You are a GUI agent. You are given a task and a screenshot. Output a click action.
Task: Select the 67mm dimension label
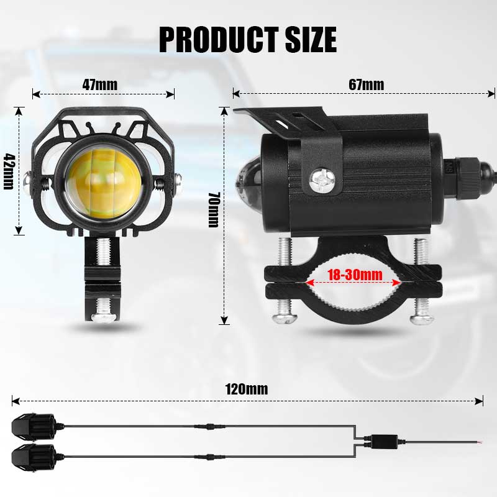(366, 84)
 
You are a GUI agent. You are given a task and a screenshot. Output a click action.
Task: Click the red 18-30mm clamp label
(352, 274)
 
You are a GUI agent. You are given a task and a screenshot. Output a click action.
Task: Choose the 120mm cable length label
(247, 390)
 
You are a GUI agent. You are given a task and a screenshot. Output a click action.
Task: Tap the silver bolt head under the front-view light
(103, 316)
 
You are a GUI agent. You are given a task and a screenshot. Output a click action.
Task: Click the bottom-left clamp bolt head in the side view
(285, 317)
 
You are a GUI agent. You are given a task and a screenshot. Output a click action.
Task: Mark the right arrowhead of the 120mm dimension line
(480, 401)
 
